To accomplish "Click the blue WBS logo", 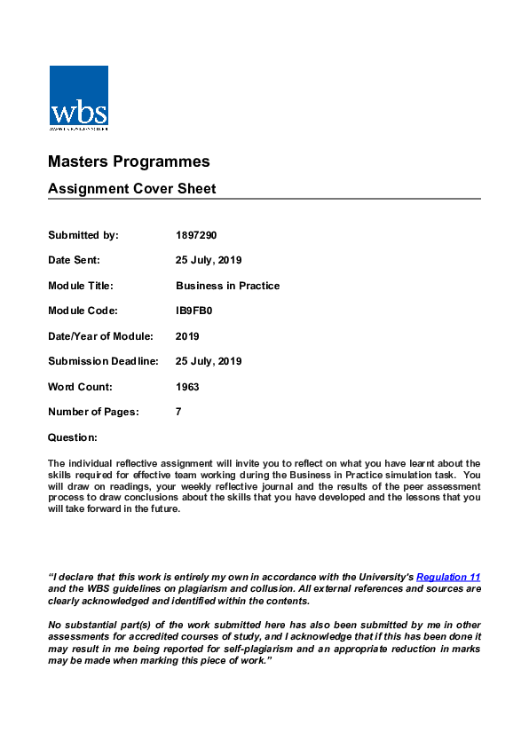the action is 79,98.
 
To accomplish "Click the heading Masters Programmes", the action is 129,161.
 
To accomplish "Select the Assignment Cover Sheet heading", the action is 131,189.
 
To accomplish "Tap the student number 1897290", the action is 196,235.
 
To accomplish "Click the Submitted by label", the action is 83,235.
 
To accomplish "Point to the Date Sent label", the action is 74,260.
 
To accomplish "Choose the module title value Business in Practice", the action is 227,286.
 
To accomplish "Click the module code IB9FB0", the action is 195,311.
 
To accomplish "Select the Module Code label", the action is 83,311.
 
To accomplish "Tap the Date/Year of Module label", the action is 100,336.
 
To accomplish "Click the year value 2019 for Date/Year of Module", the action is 187,336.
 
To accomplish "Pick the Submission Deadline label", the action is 103,361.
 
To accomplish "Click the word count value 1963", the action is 187,387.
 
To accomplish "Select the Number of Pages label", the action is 93,412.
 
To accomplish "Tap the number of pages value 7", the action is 178,412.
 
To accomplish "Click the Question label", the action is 72,437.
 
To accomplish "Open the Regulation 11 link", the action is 448,577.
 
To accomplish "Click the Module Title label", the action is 81,286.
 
